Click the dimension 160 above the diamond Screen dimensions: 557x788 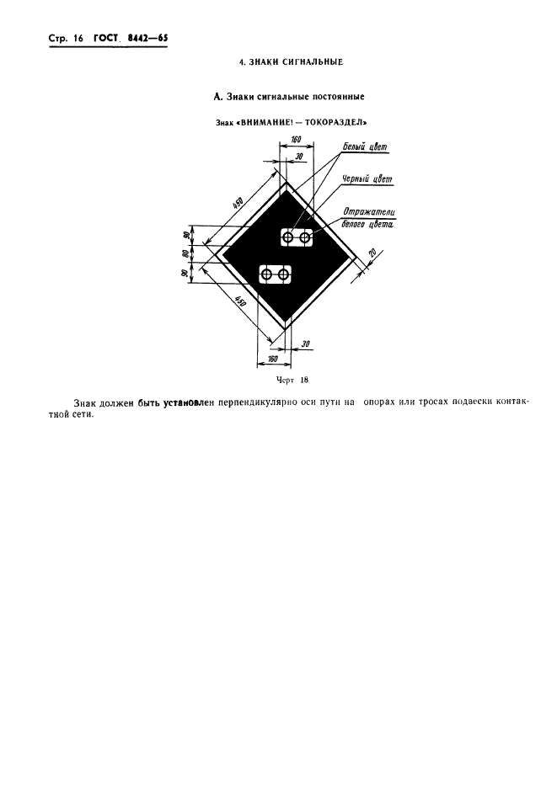pos(297,139)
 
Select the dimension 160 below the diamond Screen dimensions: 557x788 pos(273,359)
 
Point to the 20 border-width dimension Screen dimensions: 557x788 pos(372,253)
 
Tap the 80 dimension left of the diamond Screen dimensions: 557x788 pos(185,253)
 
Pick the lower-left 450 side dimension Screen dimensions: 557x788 pos(240,301)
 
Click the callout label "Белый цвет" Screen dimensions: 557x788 pos(366,147)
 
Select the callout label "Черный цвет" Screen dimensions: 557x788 pos(367,179)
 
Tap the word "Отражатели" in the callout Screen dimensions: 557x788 pos(369,212)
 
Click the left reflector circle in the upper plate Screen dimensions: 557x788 pos(288,237)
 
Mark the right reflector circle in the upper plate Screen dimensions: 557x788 pos(305,237)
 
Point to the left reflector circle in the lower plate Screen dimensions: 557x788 pos(266,274)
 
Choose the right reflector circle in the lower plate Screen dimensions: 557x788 pos(284,274)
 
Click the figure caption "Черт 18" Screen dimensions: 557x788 pos(292,380)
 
